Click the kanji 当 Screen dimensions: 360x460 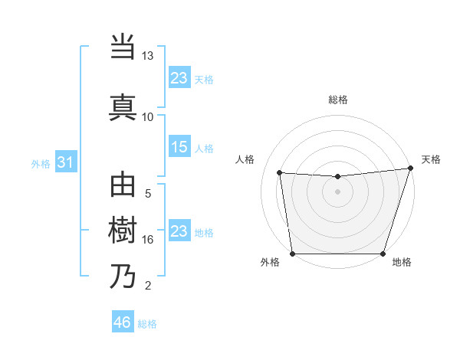coord(123,48)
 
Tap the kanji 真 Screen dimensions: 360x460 coord(123,106)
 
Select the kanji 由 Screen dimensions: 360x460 coord(123,187)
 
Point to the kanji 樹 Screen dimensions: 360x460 coord(123,231)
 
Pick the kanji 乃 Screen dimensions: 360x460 coord(123,276)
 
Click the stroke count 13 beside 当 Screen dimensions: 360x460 coord(148,57)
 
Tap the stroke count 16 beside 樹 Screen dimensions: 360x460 coord(148,240)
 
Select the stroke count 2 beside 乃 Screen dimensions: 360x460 coord(148,286)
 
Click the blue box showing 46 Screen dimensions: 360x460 coord(123,322)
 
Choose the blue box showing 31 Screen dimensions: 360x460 coord(66,162)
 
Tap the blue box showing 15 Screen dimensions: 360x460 coord(179,148)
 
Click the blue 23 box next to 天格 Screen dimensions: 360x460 coord(179,78)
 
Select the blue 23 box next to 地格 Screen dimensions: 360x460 coord(179,231)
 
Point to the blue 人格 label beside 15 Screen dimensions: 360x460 coord(204,149)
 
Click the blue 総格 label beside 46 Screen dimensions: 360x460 coord(147,324)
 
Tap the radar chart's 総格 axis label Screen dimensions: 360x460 coord(337,100)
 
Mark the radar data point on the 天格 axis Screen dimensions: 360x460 coord(410,169)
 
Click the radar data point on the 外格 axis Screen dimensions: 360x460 coord(292,254)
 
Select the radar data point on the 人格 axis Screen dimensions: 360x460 coord(279,173)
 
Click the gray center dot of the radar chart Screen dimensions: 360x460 coord(337,191)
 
